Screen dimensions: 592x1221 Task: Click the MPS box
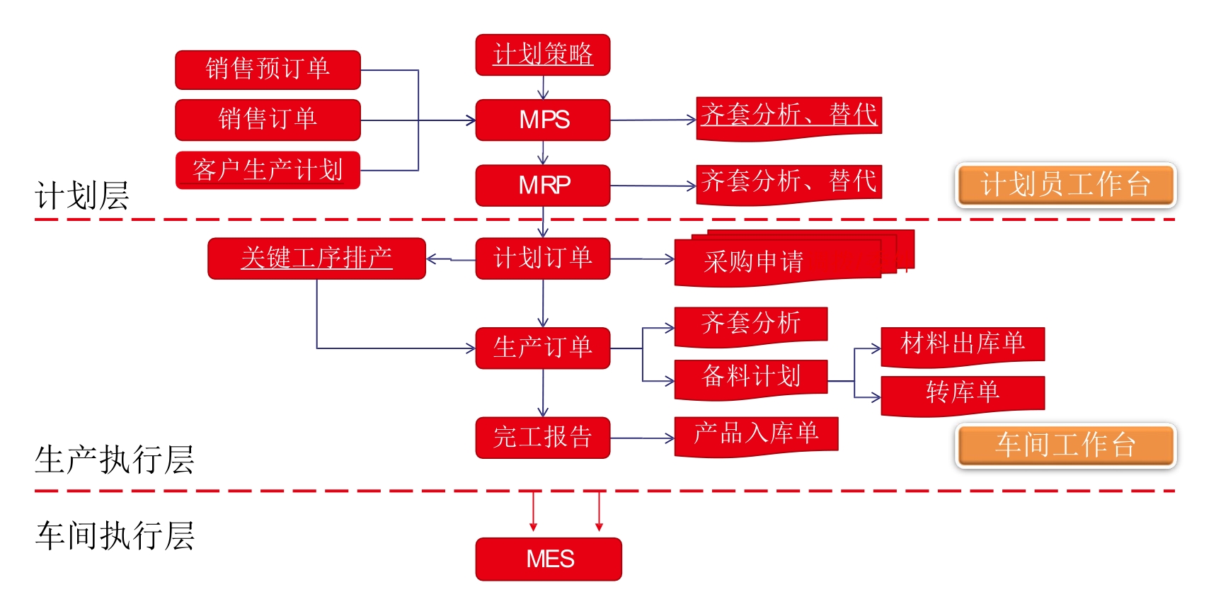pyautogui.click(x=543, y=120)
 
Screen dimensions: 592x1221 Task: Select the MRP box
pyautogui.click(x=543, y=186)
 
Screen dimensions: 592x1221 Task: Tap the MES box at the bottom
pyautogui.click(x=549, y=559)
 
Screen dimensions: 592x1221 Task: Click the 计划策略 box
pyautogui.click(x=543, y=55)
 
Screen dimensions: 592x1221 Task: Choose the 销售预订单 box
pyautogui.click(x=268, y=69)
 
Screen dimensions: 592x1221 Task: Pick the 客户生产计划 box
pyautogui.click(x=268, y=170)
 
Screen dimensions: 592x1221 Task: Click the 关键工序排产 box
pyautogui.click(x=316, y=258)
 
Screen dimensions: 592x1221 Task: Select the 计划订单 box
pyautogui.click(x=543, y=258)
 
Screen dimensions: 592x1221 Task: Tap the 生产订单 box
pyautogui.click(x=543, y=347)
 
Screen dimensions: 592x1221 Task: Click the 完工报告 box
pyautogui.click(x=543, y=437)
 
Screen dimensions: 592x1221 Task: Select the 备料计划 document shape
pyautogui.click(x=751, y=377)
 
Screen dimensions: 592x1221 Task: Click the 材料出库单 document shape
pyautogui.click(x=963, y=345)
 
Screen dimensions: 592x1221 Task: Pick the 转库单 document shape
pyautogui.click(x=963, y=393)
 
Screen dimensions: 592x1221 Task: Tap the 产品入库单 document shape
pyautogui.click(x=756, y=434)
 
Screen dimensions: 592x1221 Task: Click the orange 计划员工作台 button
pyautogui.click(x=1065, y=185)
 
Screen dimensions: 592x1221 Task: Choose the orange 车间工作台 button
pyautogui.click(x=1065, y=445)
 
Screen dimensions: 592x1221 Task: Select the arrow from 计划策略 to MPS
pyautogui.click(x=543, y=87)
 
